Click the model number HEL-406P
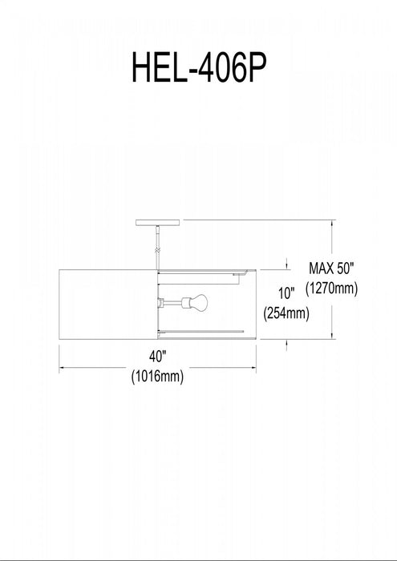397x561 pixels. point(199,67)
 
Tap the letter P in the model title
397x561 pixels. point(257,67)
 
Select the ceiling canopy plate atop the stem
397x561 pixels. point(157,223)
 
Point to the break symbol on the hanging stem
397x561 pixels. point(157,249)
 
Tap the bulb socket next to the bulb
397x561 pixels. point(185,303)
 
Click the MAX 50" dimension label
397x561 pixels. point(331,268)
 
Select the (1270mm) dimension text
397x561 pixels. point(331,288)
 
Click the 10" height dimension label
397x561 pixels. point(286,293)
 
